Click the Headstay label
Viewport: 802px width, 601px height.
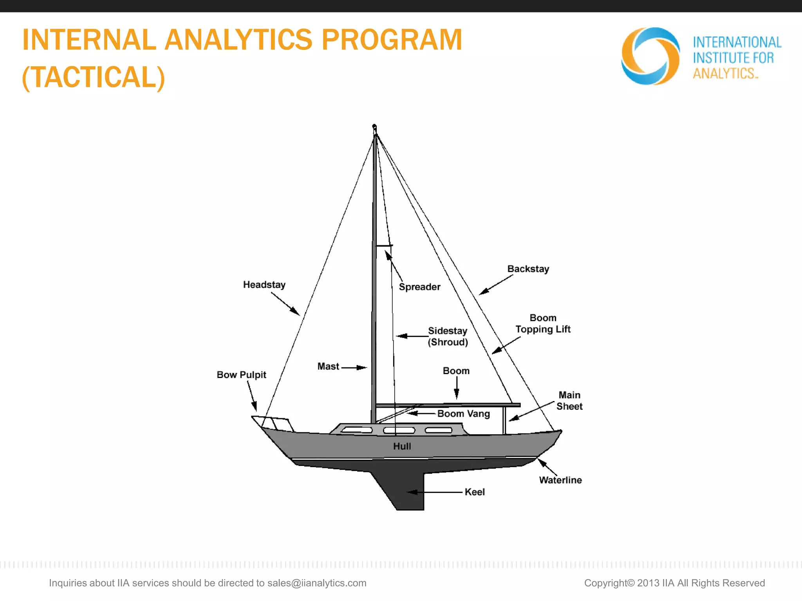tap(264, 284)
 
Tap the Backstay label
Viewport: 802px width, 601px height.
tap(528, 269)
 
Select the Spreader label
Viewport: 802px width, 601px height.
tap(419, 287)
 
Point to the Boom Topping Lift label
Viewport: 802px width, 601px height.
tap(543, 324)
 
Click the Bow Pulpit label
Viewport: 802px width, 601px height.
tap(241, 375)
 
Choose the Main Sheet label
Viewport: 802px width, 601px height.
tap(569, 401)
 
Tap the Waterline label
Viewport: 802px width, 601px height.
tap(560, 480)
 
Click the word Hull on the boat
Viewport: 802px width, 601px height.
tap(402, 446)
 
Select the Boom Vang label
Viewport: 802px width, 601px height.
tap(463, 414)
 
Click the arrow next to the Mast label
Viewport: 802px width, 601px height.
tap(354, 367)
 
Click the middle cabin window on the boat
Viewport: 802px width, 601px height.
tap(399, 430)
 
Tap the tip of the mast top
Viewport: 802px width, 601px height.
tap(374, 126)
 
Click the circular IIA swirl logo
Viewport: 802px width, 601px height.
tap(650, 56)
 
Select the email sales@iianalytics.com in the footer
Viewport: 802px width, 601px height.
tap(316, 583)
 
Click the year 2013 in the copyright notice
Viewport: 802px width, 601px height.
tap(648, 583)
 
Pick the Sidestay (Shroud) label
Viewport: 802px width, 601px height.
tap(448, 336)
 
